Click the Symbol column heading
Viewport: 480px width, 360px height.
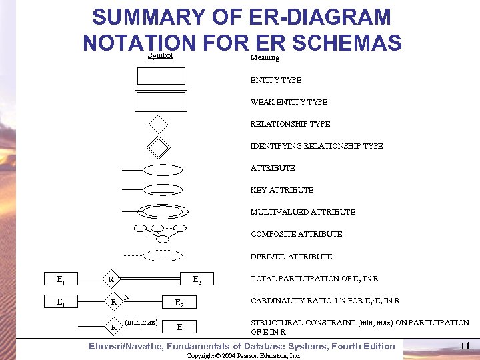point(160,56)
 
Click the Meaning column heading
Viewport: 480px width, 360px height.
point(265,58)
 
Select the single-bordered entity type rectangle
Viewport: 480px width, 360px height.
point(161,76)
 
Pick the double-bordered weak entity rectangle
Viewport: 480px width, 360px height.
point(161,101)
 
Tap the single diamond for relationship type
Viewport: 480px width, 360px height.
point(159,124)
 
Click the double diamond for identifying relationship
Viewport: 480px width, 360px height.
point(159,146)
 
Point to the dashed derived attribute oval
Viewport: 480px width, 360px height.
point(163,255)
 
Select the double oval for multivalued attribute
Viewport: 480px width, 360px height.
point(163,212)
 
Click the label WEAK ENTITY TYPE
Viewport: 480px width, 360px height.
point(289,102)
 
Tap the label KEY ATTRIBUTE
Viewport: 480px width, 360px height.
point(281,190)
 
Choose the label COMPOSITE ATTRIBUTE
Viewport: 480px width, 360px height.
point(296,234)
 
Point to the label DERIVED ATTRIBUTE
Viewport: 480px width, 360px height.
point(291,257)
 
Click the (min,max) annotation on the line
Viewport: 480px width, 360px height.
point(141,322)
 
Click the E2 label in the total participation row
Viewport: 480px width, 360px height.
point(197,280)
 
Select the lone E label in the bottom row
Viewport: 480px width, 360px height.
point(179,327)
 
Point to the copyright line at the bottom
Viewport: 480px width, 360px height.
point(243,356)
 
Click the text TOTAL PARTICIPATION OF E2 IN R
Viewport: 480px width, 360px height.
point(315,279)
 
